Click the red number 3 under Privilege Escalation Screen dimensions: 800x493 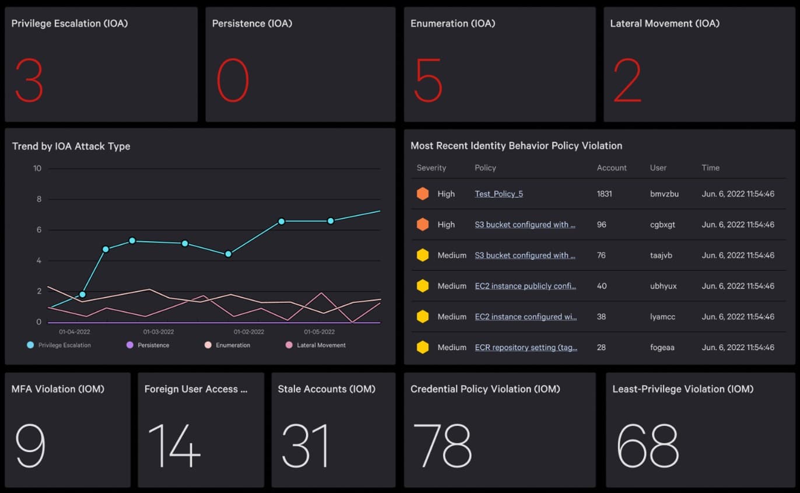click(29, 81)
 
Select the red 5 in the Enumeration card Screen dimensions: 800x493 click(428, 81)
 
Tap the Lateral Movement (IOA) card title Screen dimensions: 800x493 click(665, 23)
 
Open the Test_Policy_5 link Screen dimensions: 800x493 click(499, 194)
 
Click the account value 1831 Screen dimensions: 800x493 click(604, 194)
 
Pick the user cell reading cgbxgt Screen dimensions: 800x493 click(662, 225)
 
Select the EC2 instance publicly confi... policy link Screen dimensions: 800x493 click(525, 286)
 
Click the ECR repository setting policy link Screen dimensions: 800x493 click(526, 347)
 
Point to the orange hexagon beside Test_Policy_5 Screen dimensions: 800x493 click(423, 194)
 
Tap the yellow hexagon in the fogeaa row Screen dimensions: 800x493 click(423, 347)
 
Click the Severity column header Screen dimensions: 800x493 click(431, 168)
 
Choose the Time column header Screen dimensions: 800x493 click(710, 168)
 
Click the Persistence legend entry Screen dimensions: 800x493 click(148, 345)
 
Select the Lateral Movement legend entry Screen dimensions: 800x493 click(315, 345)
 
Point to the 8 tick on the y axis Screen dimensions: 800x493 click(39, 199)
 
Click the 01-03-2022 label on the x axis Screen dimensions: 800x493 click(158, 332)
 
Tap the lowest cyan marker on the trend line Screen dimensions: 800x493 click(82, 295)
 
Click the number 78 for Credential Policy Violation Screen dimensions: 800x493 click(442, 446)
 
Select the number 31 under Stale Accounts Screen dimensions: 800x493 click(304, 446)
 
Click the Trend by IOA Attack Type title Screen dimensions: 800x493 click(71, 146)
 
